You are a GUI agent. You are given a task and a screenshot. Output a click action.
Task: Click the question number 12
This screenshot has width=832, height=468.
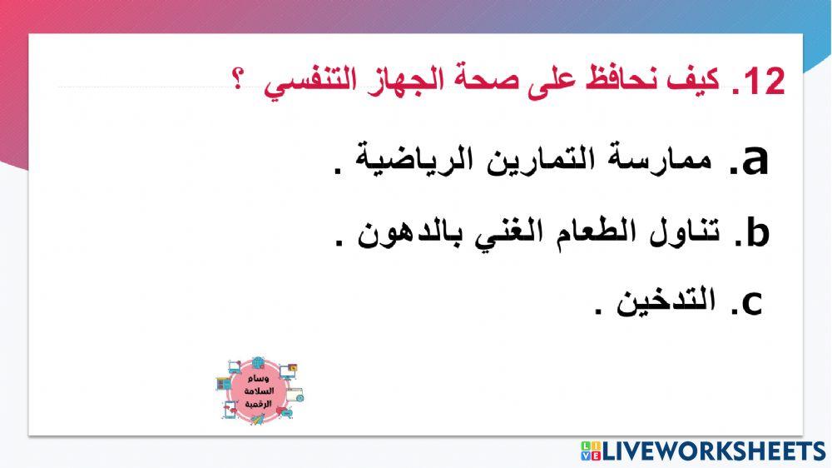(765, 82)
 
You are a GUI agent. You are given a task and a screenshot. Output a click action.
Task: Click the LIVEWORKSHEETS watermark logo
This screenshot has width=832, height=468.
(703, 451)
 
